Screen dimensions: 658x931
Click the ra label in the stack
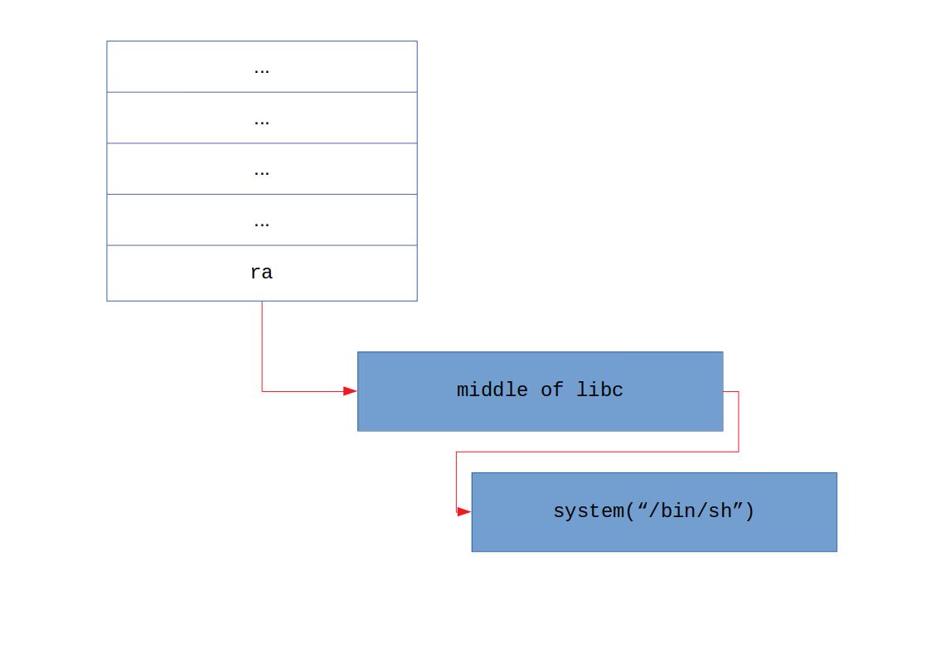click(261, 273)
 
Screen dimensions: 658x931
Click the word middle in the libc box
click(492, 390)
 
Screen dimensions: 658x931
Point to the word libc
click(599, 390)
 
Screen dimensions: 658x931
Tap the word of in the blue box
click(551, 390)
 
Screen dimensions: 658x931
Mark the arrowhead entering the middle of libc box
click(350, 391)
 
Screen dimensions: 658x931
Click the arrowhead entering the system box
click(463, 512)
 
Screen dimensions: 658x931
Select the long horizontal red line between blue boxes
click(597, 452)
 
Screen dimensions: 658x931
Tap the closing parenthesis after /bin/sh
click(749, 511)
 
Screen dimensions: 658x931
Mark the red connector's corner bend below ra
click(262, 391)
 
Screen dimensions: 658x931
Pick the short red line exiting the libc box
click(730, 391)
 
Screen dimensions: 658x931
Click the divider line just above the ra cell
click(261, 245)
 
